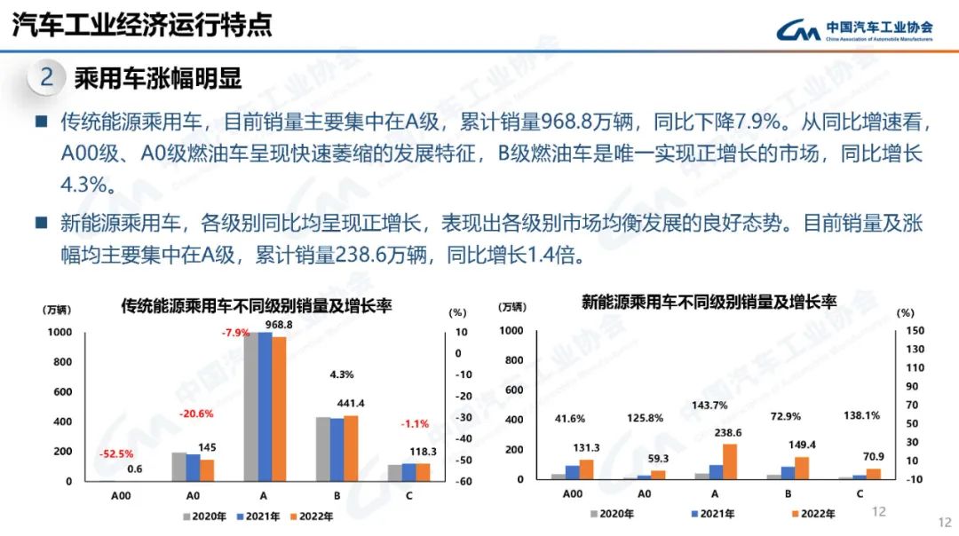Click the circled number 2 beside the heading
(47, 78)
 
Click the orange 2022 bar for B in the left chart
(350, 447)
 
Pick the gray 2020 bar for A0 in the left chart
(178, 466)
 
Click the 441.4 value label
(351, 404)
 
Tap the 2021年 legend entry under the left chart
(262, 516)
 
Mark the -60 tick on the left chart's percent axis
(463, 481)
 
